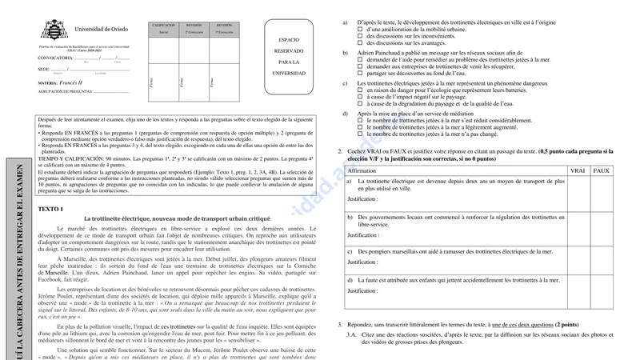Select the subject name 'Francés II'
click(78, 82)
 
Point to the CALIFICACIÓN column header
click(163, 26)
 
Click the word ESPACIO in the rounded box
click(289, 38)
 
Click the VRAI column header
click(577, 171)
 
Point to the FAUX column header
click(602, 171)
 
